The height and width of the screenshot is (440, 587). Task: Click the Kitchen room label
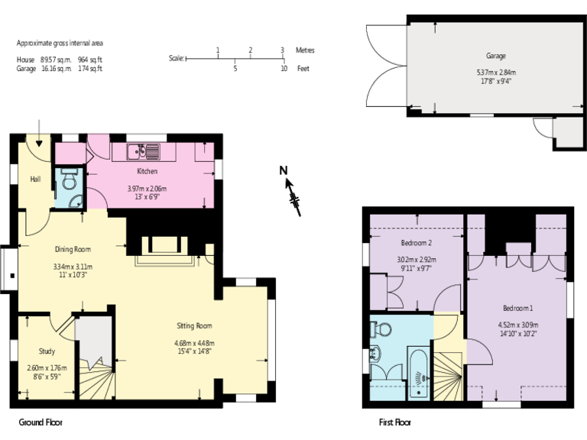point(147,171)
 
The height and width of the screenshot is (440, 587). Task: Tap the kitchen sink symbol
point(142,150)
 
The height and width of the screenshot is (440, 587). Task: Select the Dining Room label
point(73,249)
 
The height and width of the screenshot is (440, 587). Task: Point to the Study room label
point(46,351)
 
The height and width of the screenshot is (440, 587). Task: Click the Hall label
point(35,180)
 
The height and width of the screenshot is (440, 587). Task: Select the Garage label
point(495,56)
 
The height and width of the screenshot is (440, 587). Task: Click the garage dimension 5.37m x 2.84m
point(495,73)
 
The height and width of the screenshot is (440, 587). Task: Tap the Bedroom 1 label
point(517,308)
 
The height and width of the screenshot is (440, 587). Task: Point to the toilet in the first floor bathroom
point(381,329)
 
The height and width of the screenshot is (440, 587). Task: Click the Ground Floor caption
point(41,422)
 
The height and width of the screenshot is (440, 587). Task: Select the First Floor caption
point(395,422)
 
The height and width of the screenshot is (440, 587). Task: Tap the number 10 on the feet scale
point(284,69)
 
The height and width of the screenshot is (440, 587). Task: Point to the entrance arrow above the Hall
point(39,132)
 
